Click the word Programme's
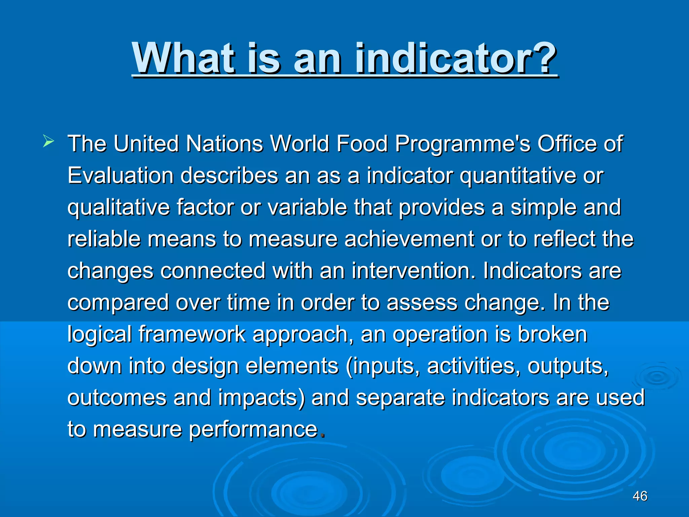(x=463, y=144)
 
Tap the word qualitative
(x=118, y=208)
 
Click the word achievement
(x=408, y=239)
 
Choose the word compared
(x=118, y=303)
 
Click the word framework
(x=192, y=334)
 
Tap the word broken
(x=552, y=334)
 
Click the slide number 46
(x=640, y=496)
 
